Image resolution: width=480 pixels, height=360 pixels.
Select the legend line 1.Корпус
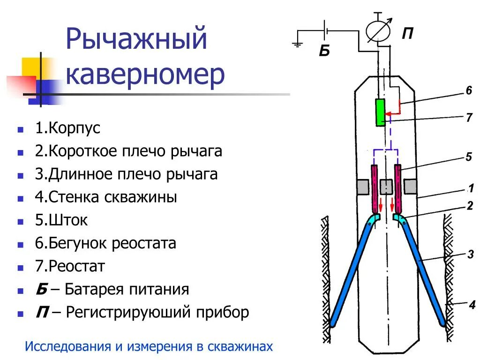coord(68,128)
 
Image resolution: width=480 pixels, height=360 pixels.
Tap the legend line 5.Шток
coord(61,220)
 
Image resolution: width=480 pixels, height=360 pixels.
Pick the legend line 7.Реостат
coord(70,266)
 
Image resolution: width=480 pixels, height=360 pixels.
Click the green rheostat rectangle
coord(381,112)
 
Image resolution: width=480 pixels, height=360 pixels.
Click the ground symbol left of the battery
coord(297,45)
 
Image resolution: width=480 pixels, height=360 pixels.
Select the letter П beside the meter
coord(407,34)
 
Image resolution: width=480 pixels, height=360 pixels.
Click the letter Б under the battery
coord(324,51)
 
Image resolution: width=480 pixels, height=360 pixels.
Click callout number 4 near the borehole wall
coord(472,305)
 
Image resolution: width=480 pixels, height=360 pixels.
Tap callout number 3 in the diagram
coord(470,255)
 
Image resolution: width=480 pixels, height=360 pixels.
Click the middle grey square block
coord(386,187)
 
